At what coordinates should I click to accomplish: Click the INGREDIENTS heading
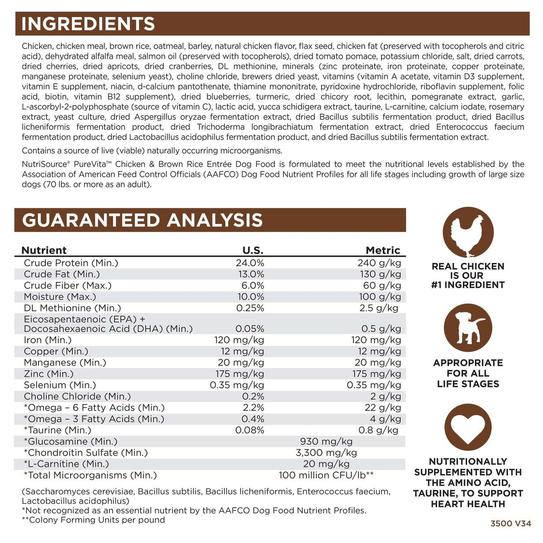[x=88, y=24]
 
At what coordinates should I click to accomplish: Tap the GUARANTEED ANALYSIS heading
[x=142, y=220]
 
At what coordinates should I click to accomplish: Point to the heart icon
[x=468, y=428]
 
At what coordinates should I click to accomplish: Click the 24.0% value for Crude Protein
[x=250, y=263]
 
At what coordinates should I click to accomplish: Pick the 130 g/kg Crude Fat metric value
[x=379, y=274]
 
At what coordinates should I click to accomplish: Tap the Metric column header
[x=383, y=250]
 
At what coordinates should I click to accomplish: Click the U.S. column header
[x=253, y=250]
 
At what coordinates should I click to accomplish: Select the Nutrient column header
[x=44, y=250]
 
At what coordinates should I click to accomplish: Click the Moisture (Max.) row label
[x=60, y=297]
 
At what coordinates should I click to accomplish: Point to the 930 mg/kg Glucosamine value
[x=326, y=442]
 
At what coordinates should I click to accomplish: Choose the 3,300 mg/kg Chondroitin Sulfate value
[x=326, y=453]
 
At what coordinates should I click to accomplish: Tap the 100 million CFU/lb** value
[x=326, y=475]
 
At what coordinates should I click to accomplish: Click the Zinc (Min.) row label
[x=48, y=374]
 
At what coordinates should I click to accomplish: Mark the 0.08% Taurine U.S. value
[x=250, y=430]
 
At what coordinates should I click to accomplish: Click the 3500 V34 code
[x=511, y=524]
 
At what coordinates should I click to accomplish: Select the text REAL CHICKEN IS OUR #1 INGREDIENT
[x=468, y=276]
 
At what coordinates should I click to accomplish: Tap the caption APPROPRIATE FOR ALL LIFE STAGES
[x=468, y=373]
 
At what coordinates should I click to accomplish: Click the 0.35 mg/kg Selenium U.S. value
[x=237, y=385]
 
